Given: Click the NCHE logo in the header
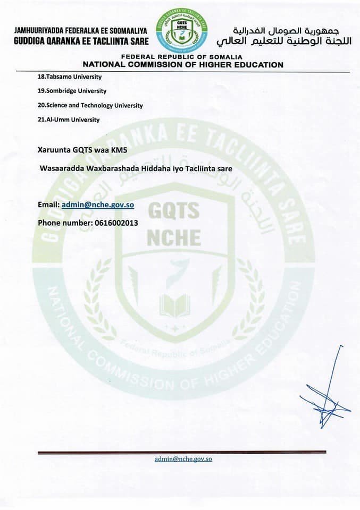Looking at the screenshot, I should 182,30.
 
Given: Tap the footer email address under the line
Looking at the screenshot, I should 183,458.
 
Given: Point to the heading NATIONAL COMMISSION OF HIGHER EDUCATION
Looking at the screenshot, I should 182,65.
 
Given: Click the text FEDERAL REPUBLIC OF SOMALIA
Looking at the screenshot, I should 182,57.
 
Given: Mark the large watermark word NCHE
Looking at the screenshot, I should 174,237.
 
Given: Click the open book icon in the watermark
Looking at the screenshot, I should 174,305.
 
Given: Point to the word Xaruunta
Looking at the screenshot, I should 54,150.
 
